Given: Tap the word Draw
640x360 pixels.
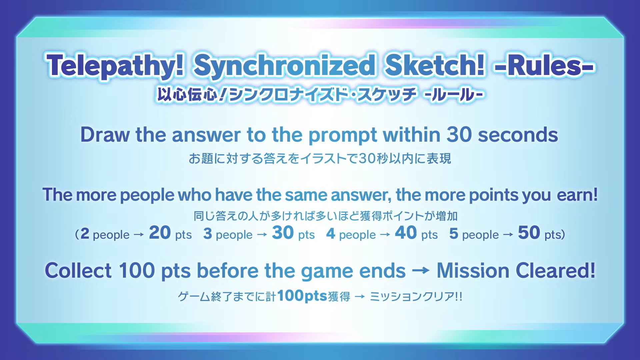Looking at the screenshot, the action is pyautogui.click(x=105, y=135).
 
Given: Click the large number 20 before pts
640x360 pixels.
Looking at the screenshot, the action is pyautogui.click(x=160, y=232).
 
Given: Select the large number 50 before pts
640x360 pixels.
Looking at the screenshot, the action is pyautogui.click(x=529, y=232).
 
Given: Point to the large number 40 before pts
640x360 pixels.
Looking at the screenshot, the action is pyautogui.click(x=406, y=232).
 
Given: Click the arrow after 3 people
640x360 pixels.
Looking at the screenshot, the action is pyautogui.click(x=262, y=235).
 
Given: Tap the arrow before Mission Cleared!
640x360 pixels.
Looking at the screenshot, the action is pyautogui.click(x=421, y=270).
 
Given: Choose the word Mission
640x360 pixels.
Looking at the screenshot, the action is pyautogui.click(x=473, y=270).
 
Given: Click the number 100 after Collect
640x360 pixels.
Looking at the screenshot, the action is pyautogui.click(x=137, y=270).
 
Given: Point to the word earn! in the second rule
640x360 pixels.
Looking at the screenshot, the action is pyautogui.click(x=577, y=195).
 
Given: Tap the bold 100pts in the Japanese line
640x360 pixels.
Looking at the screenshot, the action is pyautogui.click(x=302, y=296).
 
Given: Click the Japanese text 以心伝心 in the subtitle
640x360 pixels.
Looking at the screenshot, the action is pyautogui.click(x=188, y=95).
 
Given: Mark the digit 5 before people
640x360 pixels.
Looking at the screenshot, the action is pyautogui.click(x=454, y=234).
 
